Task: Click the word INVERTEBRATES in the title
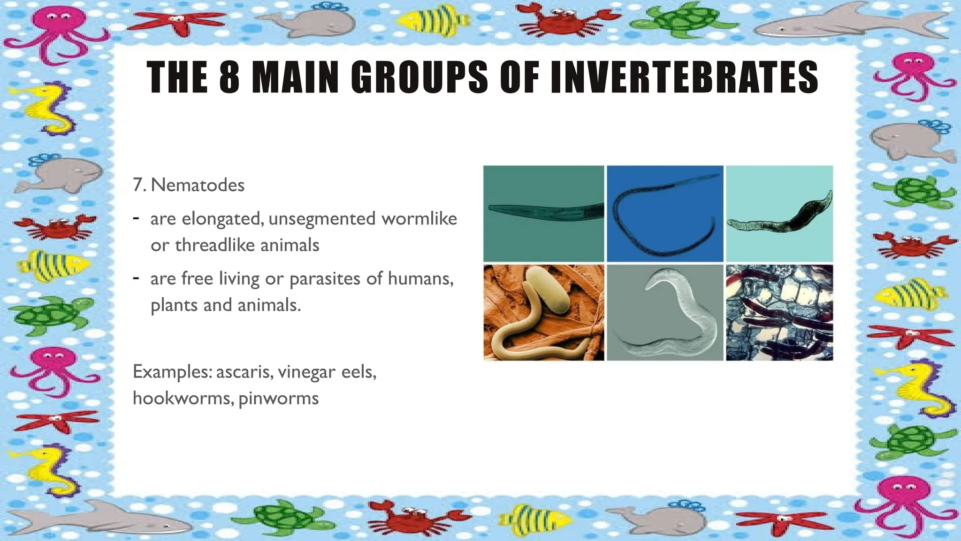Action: [683, 77]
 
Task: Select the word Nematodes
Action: [198, 185]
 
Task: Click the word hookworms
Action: [183, 398]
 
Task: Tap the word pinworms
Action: [279, 398]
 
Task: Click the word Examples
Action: [172, 372]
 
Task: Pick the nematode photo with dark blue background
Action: [665, 214]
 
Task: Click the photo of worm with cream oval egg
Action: [544, 313]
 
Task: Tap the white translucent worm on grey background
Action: [665, 313]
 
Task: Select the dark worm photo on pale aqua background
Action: [779, 214]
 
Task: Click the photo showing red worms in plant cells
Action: [779, 313]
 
